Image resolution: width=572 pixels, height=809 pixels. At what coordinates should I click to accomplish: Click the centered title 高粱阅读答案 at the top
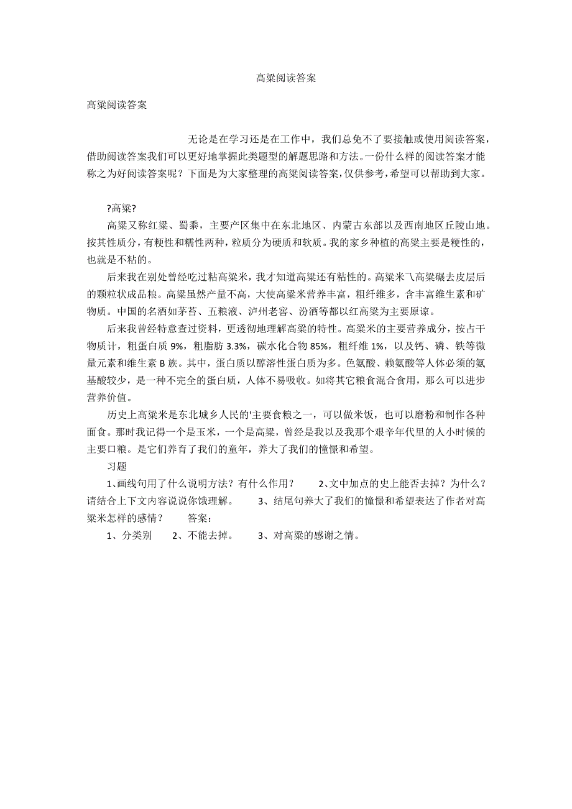286,78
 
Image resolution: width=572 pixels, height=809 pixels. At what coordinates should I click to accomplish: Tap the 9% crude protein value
178,345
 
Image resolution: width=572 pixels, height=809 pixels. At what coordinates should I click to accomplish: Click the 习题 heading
117,466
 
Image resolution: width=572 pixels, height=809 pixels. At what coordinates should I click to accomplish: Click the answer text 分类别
137,535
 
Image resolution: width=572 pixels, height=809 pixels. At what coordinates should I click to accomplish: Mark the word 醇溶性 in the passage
261,363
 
